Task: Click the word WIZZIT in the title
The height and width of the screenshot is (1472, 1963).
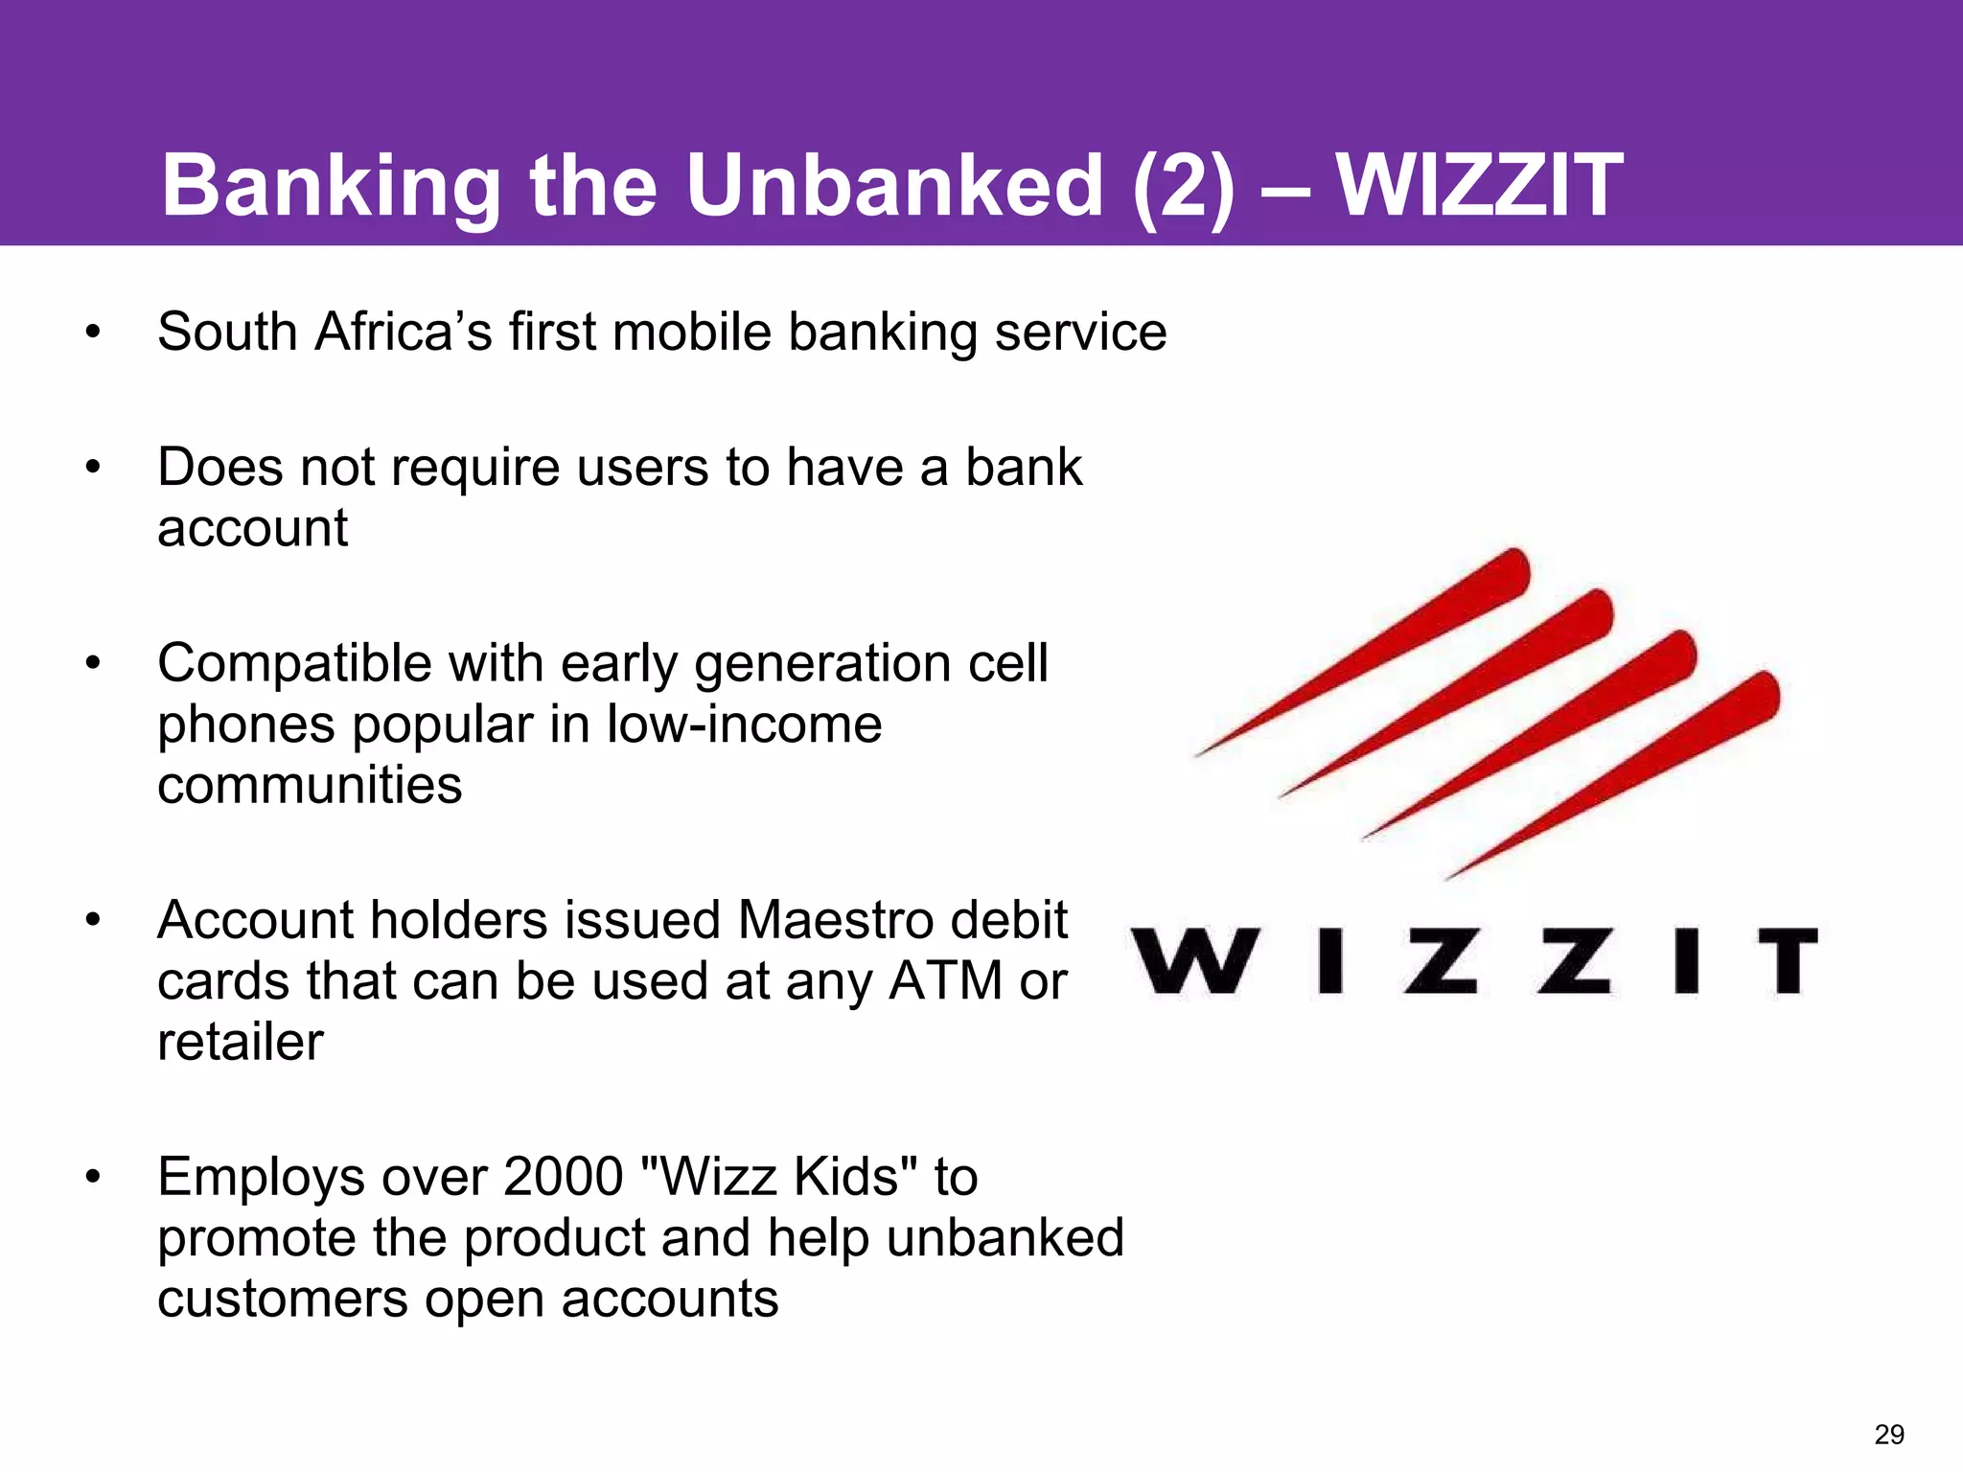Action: pos(1479,185)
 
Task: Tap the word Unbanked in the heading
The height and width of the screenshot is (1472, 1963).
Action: pos(894,185)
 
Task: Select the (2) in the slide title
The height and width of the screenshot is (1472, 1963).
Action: pos(1183,187)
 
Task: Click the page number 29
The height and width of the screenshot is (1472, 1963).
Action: pos(1889,1435)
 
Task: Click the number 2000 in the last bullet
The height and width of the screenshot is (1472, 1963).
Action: pos(563,1177)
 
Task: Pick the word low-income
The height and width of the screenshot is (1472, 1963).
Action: pos(744,724)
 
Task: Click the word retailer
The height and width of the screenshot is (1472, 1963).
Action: pos(241,1043)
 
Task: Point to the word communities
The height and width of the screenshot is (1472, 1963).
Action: pos(310,786)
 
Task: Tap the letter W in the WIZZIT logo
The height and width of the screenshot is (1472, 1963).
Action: pos(1191,960)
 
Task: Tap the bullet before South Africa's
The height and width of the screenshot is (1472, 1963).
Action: pos(92,333)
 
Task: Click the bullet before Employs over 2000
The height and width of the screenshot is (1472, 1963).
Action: pos(92,1178)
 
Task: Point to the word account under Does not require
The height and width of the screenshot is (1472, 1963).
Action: pos(252,529)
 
